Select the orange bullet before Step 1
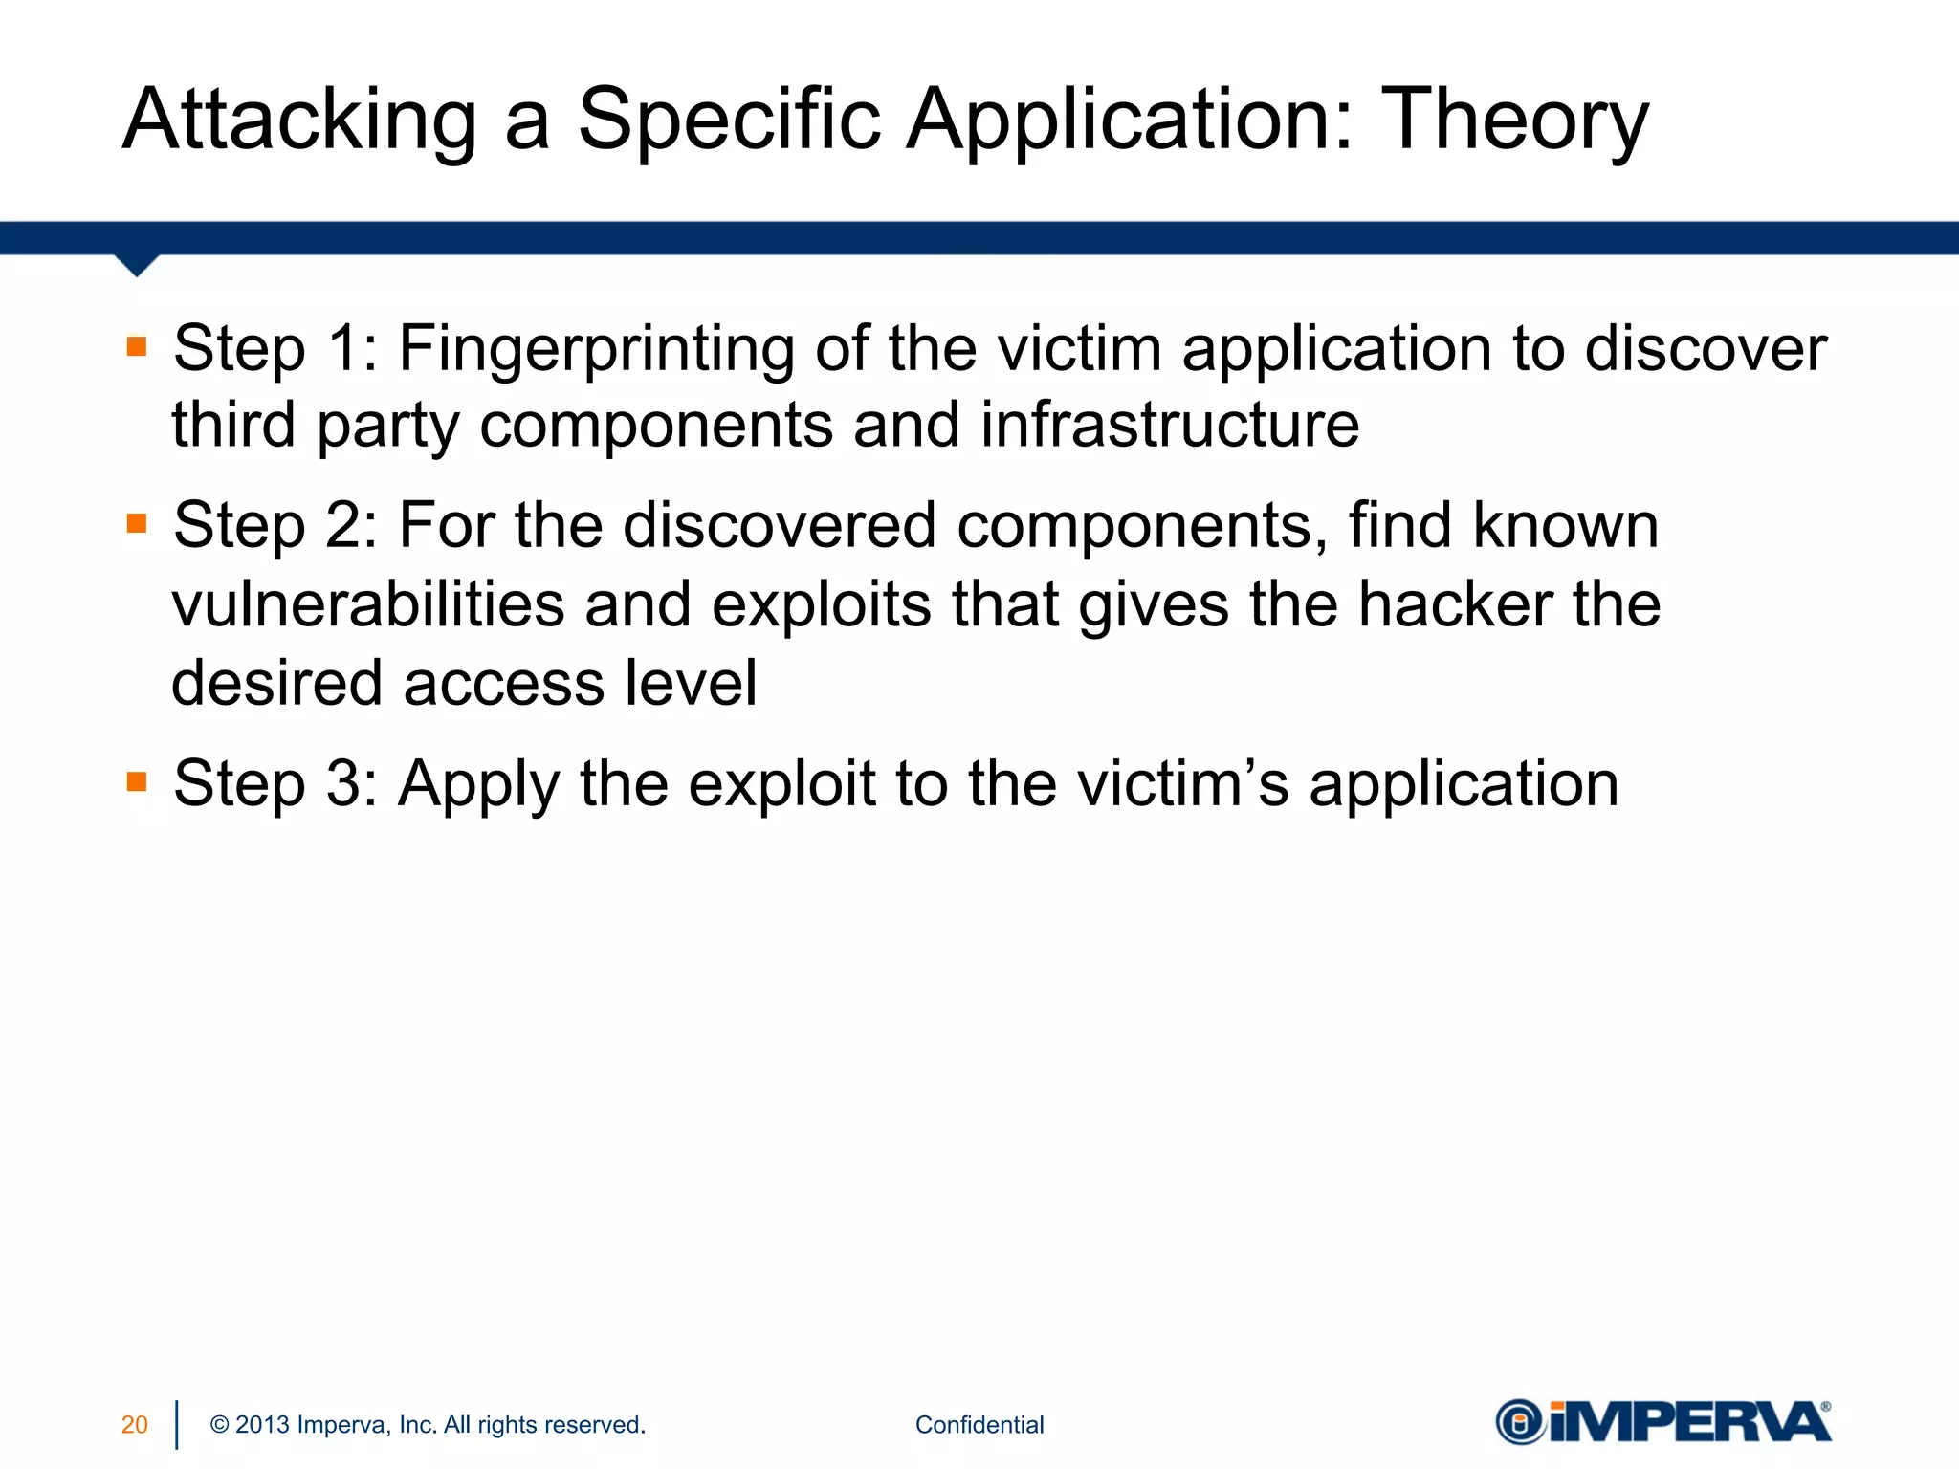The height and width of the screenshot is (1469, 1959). (137, 346)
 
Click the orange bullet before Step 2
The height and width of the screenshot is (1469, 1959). (137, 523)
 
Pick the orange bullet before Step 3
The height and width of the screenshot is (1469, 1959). (137, 782)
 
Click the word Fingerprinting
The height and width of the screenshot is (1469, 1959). (596, 350)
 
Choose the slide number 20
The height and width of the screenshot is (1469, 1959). (134, 1425)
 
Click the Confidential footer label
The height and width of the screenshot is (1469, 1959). (979, 1425)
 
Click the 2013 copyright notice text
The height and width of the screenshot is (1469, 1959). (428, 1425)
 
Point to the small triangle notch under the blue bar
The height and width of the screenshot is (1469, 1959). (137, 265)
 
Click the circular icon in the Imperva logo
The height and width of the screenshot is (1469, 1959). (1519, 1423)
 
